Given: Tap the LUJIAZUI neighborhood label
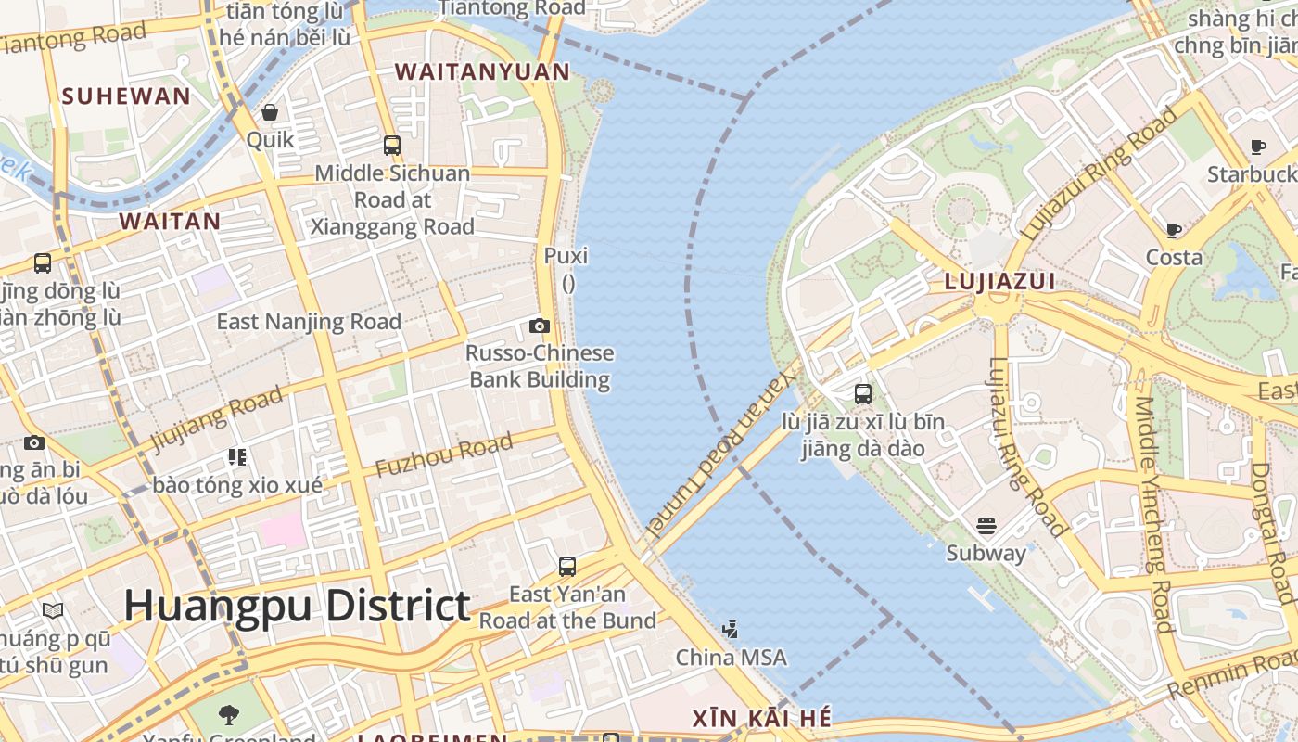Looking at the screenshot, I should (x=999, y=281).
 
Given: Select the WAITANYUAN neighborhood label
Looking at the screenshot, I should (x=482, y=71).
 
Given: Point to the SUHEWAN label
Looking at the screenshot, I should (x=126, y=96).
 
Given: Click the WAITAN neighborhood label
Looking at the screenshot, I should (x=170, y=221).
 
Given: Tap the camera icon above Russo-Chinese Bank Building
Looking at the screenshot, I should (x=540, y=326).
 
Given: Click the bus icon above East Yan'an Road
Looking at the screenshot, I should (x=567, y=566).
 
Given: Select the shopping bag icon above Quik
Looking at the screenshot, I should (x=270, y=112).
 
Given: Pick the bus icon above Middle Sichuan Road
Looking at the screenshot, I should (x=392, y=146).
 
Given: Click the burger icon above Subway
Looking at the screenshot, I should (x=986, y=526).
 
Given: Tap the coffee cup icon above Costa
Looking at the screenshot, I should (x=1174, y=230).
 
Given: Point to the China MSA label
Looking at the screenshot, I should (x=731, y=658).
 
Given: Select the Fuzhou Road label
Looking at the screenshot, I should (x=444, y=455).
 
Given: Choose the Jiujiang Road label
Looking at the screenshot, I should (x=216, y=419).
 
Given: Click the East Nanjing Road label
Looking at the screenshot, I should (x=309, y=322).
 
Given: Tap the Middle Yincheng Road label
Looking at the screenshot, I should (x=1153, y=515).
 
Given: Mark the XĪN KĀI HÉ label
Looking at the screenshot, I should (x=762, y=719).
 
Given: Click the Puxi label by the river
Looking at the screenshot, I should (x=566, y=255).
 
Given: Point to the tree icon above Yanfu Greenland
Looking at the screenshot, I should (x=228, y=714).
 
